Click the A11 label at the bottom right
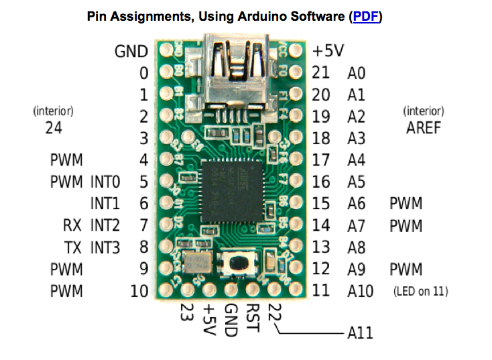(360, 333)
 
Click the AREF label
(424, 127)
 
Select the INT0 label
(105, 182)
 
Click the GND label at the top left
(132, 51)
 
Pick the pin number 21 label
(321, 73)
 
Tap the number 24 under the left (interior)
(54, 127)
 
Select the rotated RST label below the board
(253, 316)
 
